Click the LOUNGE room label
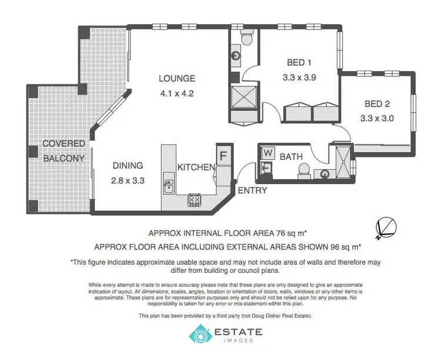(x=176, y=78)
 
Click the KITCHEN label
(x=196, y=168)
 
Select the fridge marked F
(x=223, y=156)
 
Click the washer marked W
(x=268, y=152)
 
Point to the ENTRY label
(x=252, y=190)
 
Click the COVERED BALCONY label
(x=64, y=151)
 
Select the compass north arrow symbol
(x=385, y=226)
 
